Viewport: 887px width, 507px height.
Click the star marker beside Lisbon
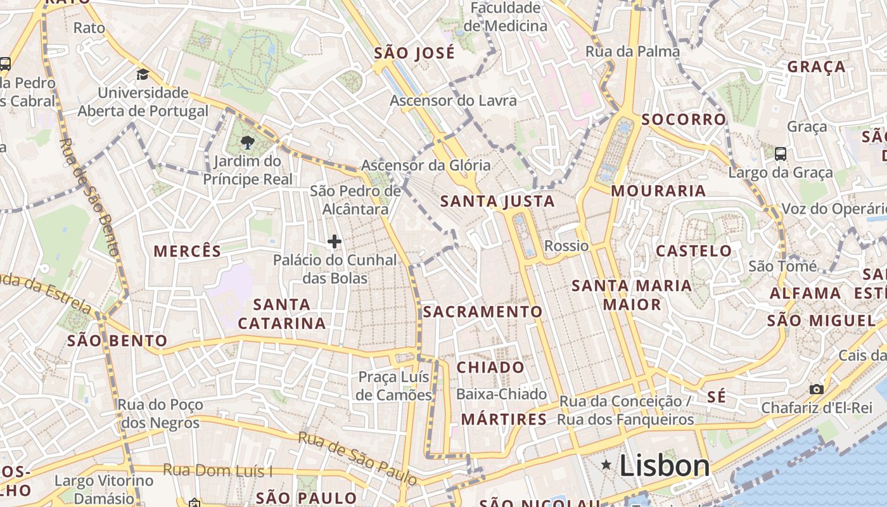click(606, 466)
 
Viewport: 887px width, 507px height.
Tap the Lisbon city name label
click(665, 466)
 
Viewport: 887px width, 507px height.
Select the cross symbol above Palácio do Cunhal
click(335, 241)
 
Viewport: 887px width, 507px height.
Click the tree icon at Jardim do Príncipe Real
click(248, 143)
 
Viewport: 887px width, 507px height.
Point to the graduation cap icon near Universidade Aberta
click(143, 75)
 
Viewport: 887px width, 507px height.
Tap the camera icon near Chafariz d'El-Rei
click(817, 389)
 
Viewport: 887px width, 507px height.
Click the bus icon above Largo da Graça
click(781, 153)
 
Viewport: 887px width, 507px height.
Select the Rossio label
click(566, 246)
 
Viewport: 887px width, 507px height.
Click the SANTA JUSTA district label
click(497, 202)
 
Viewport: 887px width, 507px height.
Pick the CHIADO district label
click(490, 368)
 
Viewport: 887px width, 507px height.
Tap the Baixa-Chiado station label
click(501, 394)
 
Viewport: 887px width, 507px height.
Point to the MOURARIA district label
click(658, 191)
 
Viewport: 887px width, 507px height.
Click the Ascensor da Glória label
click(426, 165)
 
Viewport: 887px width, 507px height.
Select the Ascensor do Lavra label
click(453, 101)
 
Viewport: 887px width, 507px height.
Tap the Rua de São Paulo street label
click(359, 458)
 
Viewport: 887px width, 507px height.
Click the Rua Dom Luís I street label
click(218, 470)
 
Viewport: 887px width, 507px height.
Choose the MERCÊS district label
click(188, 251)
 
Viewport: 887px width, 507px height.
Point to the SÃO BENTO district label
click(117, 341)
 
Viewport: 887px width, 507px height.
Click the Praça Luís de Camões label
click(393, 386)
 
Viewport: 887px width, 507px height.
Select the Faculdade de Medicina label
click(506, 17)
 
